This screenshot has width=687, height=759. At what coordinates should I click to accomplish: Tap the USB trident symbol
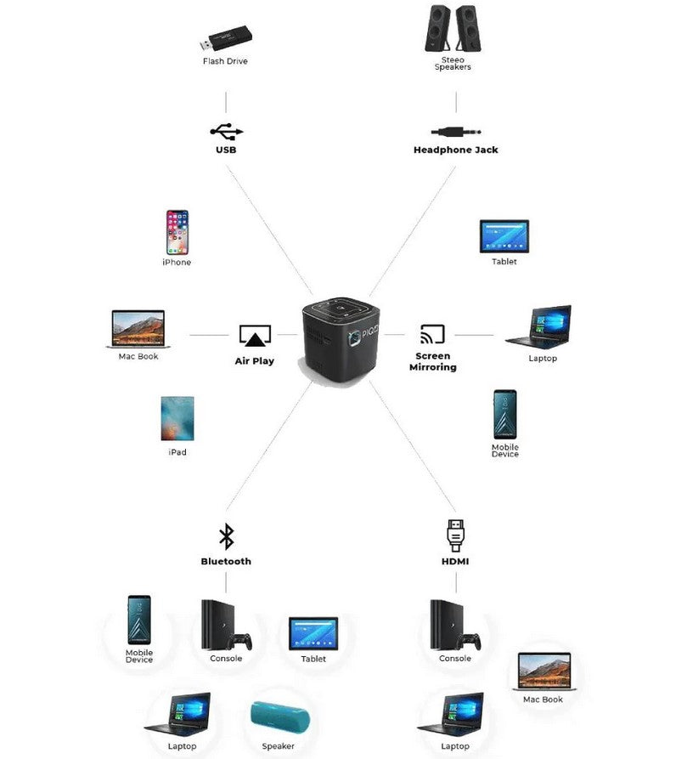click(x=226, y=131)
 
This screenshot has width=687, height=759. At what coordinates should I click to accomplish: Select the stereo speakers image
click(x=451, y=29)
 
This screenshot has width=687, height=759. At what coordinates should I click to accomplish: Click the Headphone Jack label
click(x=455, y=150)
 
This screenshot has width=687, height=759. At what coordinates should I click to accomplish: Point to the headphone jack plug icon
click(x=455, y=132)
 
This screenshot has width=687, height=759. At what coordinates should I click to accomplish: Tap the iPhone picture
click(x=177, y=232)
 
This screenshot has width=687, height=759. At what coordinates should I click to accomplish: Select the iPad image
click(x=177, y=418)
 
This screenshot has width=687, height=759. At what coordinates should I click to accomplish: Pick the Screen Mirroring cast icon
click(x=432, y=334)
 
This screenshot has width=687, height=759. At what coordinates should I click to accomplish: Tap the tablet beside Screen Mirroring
click(x=504, y=236)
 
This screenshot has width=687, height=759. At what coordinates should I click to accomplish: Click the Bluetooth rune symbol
click(x=226, y=536)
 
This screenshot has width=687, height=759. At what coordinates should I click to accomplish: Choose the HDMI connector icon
click(x=455, y=535)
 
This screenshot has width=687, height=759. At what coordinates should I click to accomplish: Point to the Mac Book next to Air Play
click(x=138, y=328)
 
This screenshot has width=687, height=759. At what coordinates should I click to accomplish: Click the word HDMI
click(x=455, y=562)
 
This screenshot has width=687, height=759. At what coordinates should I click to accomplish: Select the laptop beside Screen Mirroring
click(x=539, y=327)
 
